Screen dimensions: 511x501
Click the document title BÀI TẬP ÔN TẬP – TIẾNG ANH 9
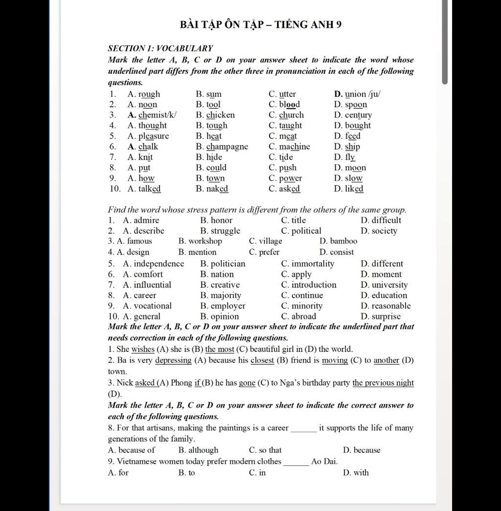(x=260, y=24)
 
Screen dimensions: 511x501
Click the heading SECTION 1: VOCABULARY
(x=160, y=48)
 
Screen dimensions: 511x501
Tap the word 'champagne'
(x=227, y=146)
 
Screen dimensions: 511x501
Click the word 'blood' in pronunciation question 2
(x=289, y=104)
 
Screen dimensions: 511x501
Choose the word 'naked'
(x=217, y=188)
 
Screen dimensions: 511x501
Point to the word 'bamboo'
(x=343, y=241)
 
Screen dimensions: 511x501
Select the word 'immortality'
(x=313, y=263)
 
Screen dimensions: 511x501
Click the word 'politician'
(x=228, y=263)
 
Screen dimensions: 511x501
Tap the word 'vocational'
(x=153, y=305)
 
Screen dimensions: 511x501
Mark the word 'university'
(x=389, y=284)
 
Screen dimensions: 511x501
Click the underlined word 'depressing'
(x=173, y=360)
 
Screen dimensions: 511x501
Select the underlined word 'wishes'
(x=143, y=349)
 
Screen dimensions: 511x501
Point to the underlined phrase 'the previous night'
(x=383, y=383)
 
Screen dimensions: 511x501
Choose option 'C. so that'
(x=265, y=450)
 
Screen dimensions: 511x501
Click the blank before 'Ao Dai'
(x=296, y=462)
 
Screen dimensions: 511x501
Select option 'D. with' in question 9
(x=356, y=472)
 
